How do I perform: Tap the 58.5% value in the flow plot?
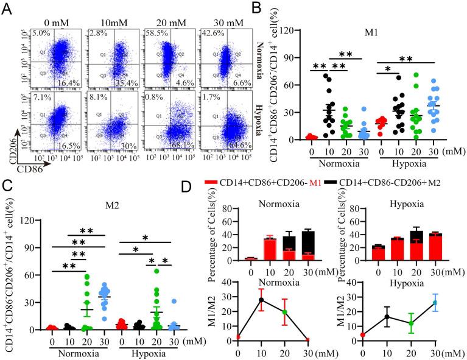click(152, 33)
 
